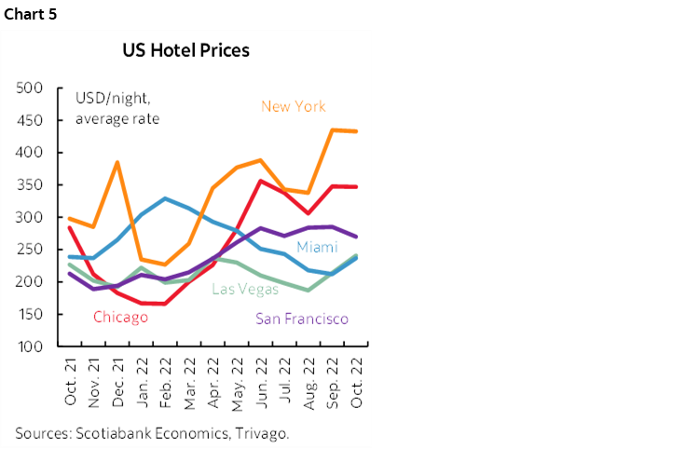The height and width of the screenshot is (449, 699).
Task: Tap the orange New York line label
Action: tap(294, 106)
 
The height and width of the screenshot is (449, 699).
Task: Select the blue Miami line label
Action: tap(316, 247)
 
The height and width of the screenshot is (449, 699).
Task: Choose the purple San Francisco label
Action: tap(302, 319)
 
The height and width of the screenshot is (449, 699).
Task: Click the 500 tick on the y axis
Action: tap(31, 88)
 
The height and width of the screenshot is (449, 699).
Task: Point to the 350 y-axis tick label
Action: tap(31, 184)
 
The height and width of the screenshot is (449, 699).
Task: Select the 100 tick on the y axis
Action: tap(31, 347)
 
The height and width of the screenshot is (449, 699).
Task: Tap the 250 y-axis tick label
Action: tap(31, 250)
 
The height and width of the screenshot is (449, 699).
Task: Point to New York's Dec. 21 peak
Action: tap(117, 163)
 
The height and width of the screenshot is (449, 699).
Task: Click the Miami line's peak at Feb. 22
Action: tap(165, 198)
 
